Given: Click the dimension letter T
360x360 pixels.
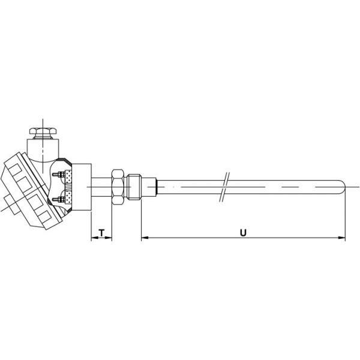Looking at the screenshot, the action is point(102,233).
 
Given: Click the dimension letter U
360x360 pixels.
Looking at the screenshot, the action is point(243,233).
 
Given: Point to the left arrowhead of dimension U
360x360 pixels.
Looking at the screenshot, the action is point(145,238).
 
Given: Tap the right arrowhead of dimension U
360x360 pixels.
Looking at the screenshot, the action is point(342,238).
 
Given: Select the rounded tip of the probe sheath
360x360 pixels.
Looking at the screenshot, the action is point(343,187).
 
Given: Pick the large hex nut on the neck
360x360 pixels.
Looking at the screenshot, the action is point(118,187).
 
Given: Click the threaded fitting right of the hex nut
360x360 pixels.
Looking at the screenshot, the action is point(134,187).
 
